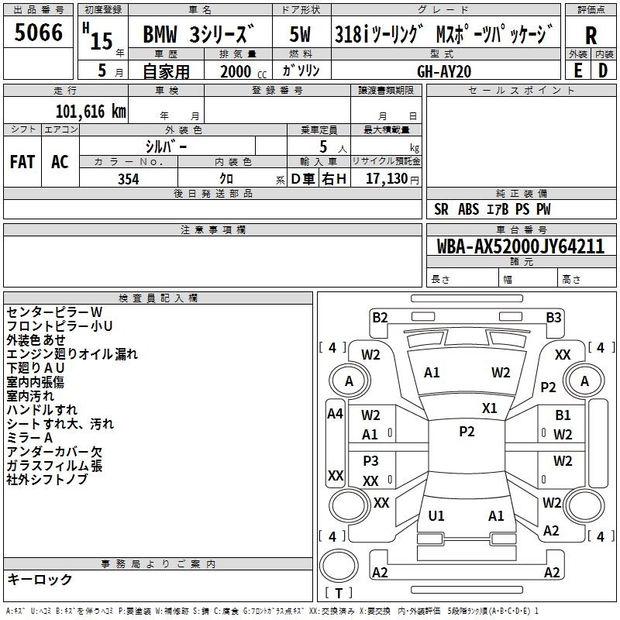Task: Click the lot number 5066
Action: pyautogui.click(x=38, y=32)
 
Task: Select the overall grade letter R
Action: pyautogui.click(x=591, y=36)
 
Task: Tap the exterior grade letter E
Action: pyautogui.click(x=578, y=71)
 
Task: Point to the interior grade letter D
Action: pyautogui.click(x=603, y=71)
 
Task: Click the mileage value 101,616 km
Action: pyautogui.click(x=91, y=111)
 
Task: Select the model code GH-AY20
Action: pyautogui.click(x=444, y=71)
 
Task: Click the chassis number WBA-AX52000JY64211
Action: pyautogui.click(x=521, y=246)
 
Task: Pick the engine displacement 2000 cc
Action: pyautogui.click(x=243, y=71)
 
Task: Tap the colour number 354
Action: pyautogui.click(x=129, y=179)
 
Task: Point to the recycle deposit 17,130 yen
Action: pyautogui.click(x=392, y=179)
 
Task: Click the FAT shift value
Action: pyautogui.click(x=22, y=162)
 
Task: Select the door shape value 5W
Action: pyautogui.click(x=300, y=34)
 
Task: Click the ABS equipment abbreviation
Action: pyautogui.click(x=469, y=209)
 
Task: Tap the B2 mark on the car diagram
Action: pyautogui.click(x=380, y=317)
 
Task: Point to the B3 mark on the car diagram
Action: pyautogui.click(x=553, y=317)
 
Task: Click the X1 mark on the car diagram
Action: pyautogui.click(x=490, y=408)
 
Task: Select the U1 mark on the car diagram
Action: pyautogui.click(x=436, y=515)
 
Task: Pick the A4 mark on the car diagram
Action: pyautogui.click(x=335, y=414)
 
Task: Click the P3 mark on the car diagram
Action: pyautogui.click(x=371, y=460)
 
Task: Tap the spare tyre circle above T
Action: pyautogui.click(x=339, y=566)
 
